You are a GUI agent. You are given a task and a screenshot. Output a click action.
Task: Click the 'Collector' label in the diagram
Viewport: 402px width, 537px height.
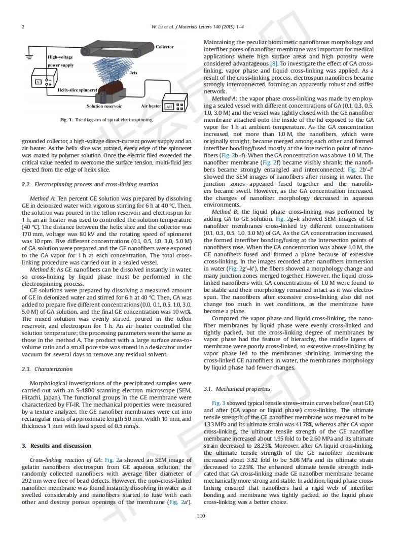pos(165,47)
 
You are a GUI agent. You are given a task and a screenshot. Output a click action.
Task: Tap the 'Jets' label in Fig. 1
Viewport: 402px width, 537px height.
pos(133,73)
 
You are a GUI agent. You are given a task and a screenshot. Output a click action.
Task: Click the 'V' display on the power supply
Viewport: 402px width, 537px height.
pos(37,82)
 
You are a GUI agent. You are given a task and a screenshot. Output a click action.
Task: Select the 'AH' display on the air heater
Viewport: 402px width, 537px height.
pos(169,107)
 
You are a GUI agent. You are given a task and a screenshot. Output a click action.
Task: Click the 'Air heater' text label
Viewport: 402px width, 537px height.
pos(151,106)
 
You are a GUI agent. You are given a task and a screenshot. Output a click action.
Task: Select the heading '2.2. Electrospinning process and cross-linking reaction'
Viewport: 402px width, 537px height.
pos(90,184)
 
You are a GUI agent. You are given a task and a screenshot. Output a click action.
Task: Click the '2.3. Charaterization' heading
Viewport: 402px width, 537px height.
pos(47,369)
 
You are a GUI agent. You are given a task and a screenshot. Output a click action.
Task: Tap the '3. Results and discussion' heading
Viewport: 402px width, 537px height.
pos(56,446)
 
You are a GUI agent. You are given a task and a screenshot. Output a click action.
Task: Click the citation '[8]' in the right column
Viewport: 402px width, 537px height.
pos(274,63)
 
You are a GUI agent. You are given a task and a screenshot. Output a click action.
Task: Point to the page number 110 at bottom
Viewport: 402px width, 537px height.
pos(201,516)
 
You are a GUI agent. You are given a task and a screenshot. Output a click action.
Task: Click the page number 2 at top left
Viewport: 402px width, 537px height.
pos(23,26)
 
